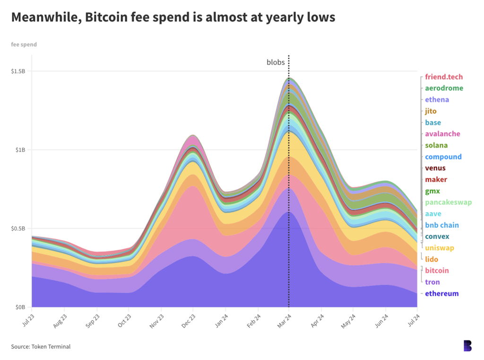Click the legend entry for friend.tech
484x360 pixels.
[x=444, y=77]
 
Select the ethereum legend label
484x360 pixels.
[x=441, y=294]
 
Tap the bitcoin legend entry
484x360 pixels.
[x=437, y=271]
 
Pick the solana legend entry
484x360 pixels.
[x=436, y=146]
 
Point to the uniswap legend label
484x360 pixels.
[x=439, y=248]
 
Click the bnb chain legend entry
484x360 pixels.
[x=441, y=225]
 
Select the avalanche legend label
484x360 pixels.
[x=442, y=134]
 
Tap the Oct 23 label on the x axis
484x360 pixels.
[x=125, y=318]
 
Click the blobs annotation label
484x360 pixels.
[x=276, y=62]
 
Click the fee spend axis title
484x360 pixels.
[x=24, y=45]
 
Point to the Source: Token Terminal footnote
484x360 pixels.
[x=41, y=347]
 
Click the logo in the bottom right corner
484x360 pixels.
[x=467, y=346]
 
